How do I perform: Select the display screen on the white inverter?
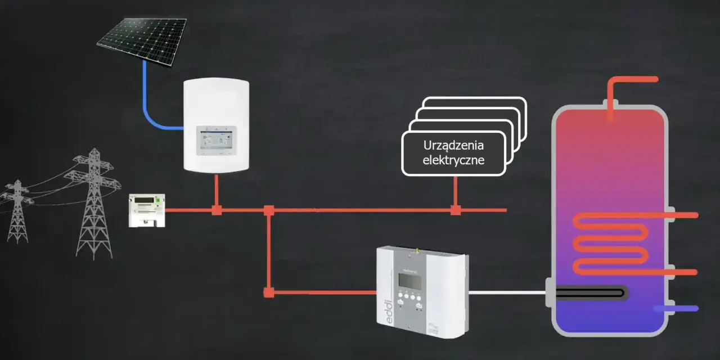pos(217,140)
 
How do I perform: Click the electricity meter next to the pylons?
pos(147,210)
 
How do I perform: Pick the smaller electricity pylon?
pos(17,210)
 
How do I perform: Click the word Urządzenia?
pos(453,145)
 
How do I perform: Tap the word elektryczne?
pos(453,160)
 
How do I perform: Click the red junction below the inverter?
pos(217,210)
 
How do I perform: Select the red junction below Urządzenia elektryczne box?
pos(456,210)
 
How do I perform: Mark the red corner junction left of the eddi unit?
pos(269,292)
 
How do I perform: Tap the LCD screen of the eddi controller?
pos(410,281)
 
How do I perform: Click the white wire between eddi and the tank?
pos(507,292)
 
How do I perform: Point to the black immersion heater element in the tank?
pos(590,293)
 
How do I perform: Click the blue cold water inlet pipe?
pos(676,309)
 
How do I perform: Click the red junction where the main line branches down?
pos(269,210)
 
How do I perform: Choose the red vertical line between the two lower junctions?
pos(269,251)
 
